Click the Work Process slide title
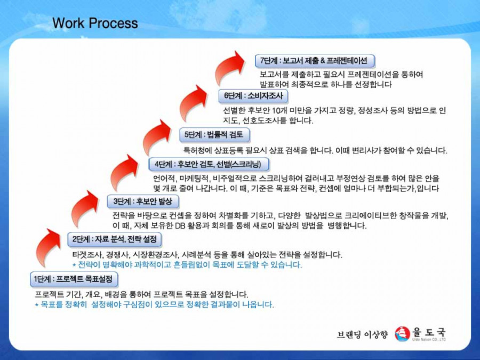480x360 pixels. point(95,23)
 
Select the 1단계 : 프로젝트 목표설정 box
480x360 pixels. point(74,279)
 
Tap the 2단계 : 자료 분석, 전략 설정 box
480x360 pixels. point(115,239)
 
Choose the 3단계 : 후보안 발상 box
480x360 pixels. point(143,202)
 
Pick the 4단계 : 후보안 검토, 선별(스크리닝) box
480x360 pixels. point(209,164)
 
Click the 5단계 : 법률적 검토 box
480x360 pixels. point(214,135)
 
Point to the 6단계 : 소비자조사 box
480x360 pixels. point(253,96)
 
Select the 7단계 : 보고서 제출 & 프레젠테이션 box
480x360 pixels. point(315,61)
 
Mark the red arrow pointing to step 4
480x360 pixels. point(123,172)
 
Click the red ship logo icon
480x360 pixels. point(402,334)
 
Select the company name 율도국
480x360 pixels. point(429,332)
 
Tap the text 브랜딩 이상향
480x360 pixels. point(362,334)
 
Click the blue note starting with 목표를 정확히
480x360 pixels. point(154,305)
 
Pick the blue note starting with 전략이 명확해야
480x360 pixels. point(187,265)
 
